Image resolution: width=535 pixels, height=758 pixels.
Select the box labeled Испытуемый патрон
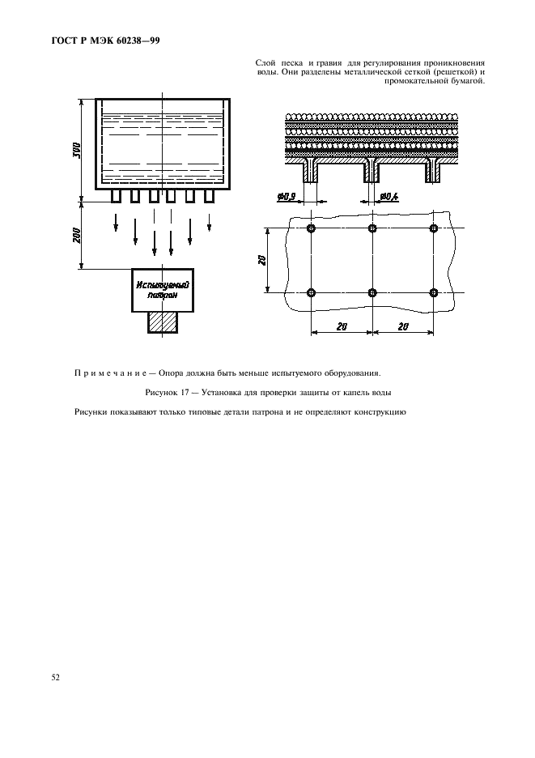162,291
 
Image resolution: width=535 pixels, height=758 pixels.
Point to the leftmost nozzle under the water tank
116,196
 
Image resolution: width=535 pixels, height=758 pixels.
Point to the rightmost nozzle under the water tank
209,196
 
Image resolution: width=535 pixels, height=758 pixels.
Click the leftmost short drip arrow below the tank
116,219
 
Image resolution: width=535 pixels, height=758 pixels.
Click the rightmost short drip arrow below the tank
210,219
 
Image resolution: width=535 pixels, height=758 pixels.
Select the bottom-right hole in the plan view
434,292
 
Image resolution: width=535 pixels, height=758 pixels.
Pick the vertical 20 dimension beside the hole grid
263,261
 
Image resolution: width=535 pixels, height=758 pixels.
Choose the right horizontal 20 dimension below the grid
403,326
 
